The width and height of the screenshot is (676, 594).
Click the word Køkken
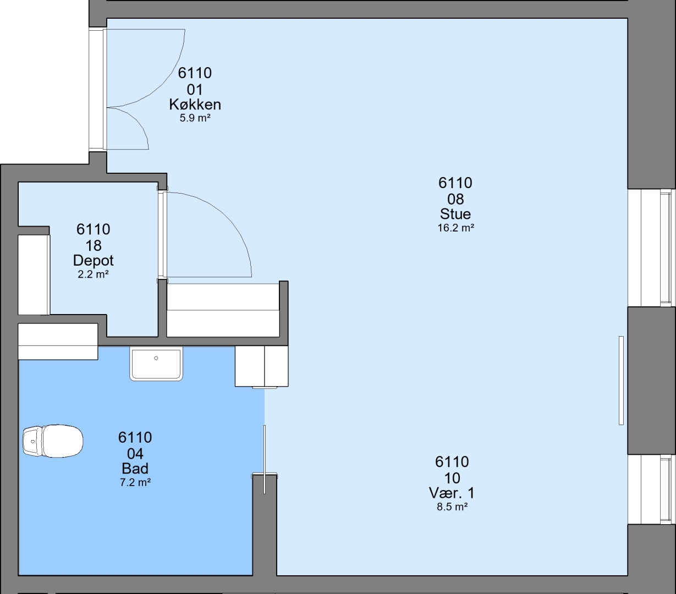pyautogui.click(x=195, y=105)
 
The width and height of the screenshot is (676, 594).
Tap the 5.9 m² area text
pyautogui.click(x=195, y=118)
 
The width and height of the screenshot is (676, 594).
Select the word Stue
pyautogui.click(x=455, y=214)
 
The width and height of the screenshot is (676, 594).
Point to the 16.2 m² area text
pyautogui.click(x=456, y=228)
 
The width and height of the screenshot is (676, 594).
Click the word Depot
pyautogui.click(x=94, y=261)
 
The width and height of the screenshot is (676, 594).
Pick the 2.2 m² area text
pyautogui.click(x=93, y=274)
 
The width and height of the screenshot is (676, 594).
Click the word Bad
pyautogui.click(x=135, y=469)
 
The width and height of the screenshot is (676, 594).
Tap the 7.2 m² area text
pyautogui.click(x=135, y=482)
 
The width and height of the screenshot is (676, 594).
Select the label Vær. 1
pyautogui.click(x=452, y=493)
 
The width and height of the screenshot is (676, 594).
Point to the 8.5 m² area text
pyautogui.click(x=452, y=507)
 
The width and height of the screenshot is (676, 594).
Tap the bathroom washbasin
pyautogui.click(x=156, y=364)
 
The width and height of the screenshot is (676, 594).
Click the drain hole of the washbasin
pyautogui.click(x=156, y=358)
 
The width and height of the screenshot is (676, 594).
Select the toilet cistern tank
pyautogui.click(x=32, y=441)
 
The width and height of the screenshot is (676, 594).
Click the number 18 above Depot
pyautogui.click(x=94, y=246)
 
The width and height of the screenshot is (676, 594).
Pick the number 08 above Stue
pyautogui.click(x=455, y=199)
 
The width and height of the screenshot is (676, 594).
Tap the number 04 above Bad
pyautogui.click(x=135, y=454)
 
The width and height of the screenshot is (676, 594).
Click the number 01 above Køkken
pyautogui.click(x=195, y=90)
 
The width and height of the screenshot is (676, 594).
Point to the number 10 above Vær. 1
pyautogui.click(x=452, y=478)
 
